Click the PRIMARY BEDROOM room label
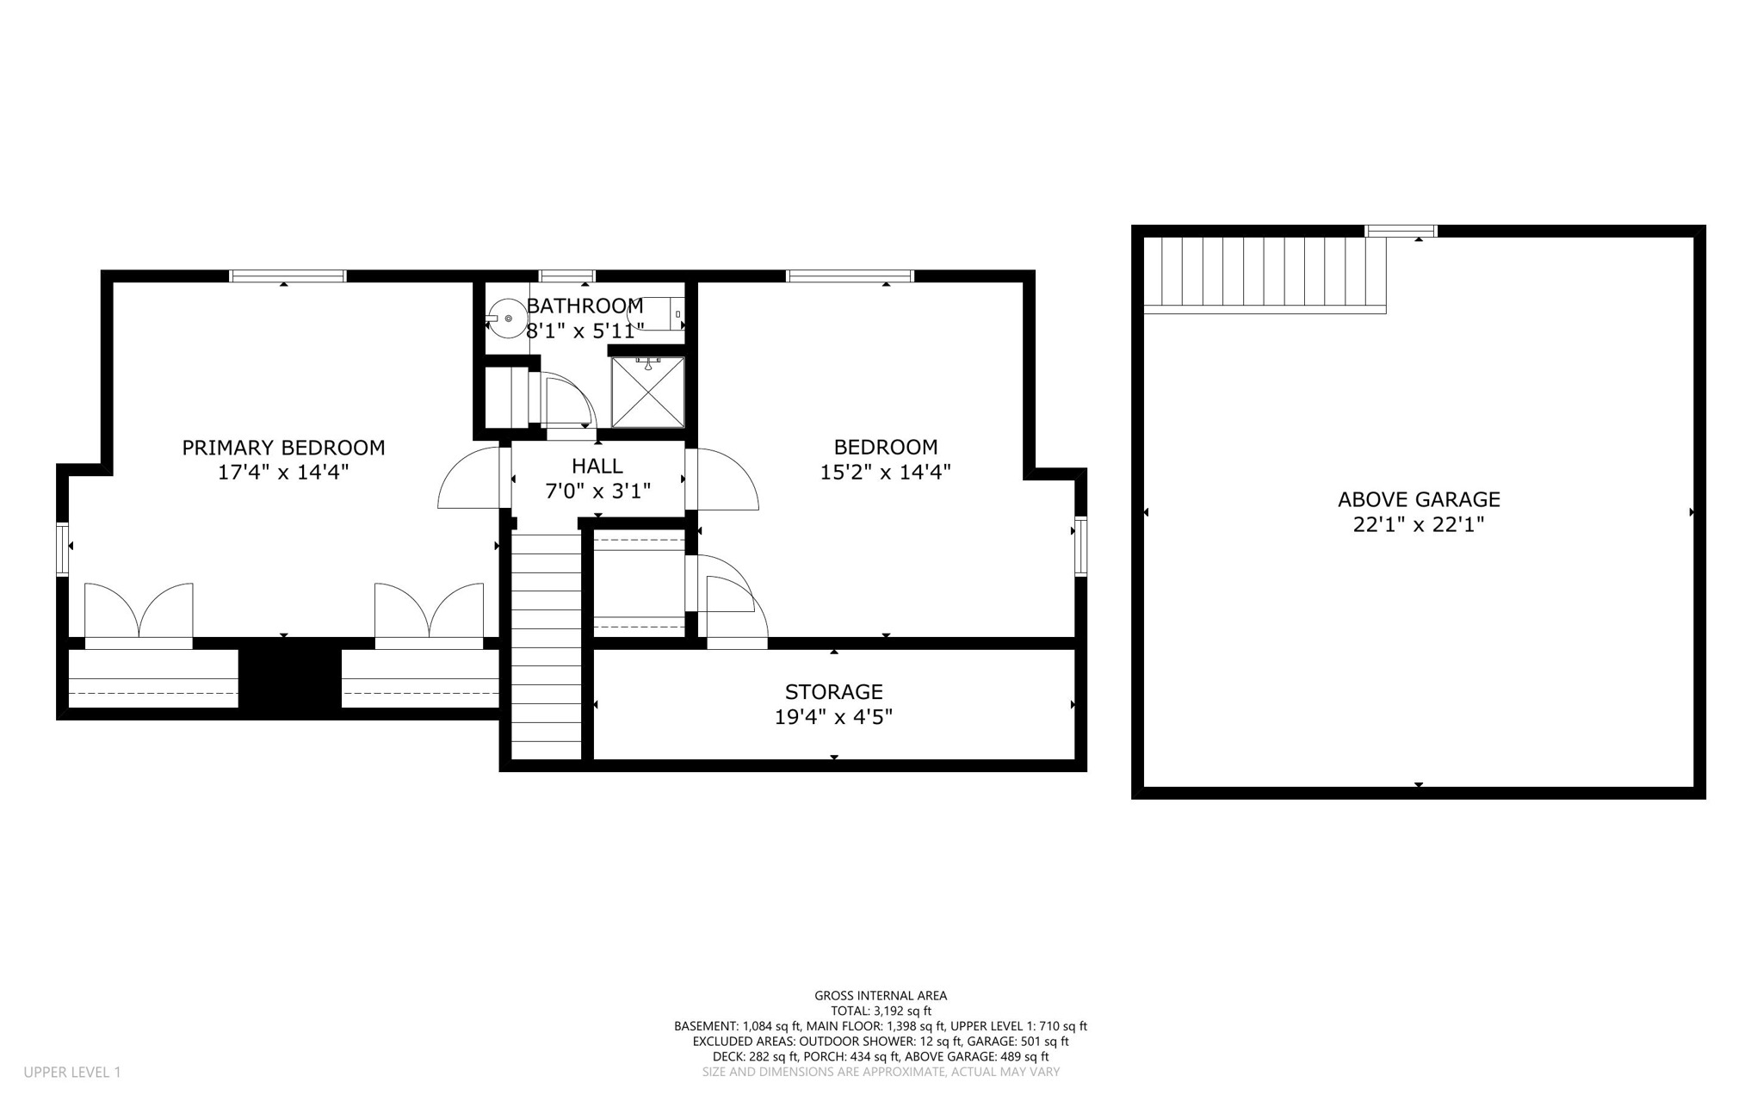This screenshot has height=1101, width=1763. [x=283, y=448]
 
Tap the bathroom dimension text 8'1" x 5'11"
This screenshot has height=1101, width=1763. [x=585, y=331]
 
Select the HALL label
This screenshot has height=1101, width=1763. [x=597, y=467]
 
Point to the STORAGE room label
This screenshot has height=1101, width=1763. [x=833, y=692]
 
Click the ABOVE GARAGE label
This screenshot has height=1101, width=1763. [x=1419, y=499]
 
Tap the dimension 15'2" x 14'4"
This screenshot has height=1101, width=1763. [x=885, y=472]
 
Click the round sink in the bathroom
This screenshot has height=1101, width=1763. [x=508, y=319]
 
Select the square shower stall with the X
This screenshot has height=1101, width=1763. [x=648, y=392]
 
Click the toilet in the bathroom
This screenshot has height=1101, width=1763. [x=659, y=315]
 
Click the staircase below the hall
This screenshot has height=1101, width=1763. [x=547, y=646]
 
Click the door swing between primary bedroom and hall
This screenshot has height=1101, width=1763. [x=469, y=480]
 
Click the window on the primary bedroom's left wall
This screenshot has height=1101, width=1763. [x=62, y=548]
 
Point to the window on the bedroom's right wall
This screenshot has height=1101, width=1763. [x=1081, y=546]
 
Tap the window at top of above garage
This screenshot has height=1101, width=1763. [x=1401, y=231]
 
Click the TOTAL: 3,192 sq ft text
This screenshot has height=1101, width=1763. [x=881, y=1011]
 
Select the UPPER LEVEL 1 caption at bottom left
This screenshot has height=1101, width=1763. [x=72, y=1073]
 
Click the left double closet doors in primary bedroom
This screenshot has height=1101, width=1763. [x=139, y=613]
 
